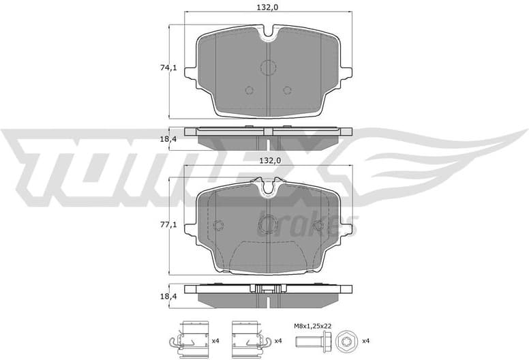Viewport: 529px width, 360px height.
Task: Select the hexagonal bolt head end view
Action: tap(344, 340)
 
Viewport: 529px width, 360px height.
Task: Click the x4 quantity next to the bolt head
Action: tap(365, 340)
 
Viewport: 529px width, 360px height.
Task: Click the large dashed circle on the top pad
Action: tap(268, 67)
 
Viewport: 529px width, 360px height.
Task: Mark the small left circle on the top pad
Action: tap(249, 90)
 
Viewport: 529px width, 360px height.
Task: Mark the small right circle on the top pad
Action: tap(287, 90)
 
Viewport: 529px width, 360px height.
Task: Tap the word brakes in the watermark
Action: tap(307, 224)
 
